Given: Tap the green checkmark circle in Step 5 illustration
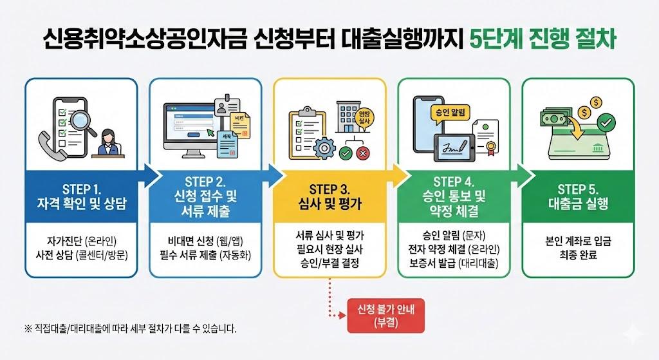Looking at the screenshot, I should [606, 121].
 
